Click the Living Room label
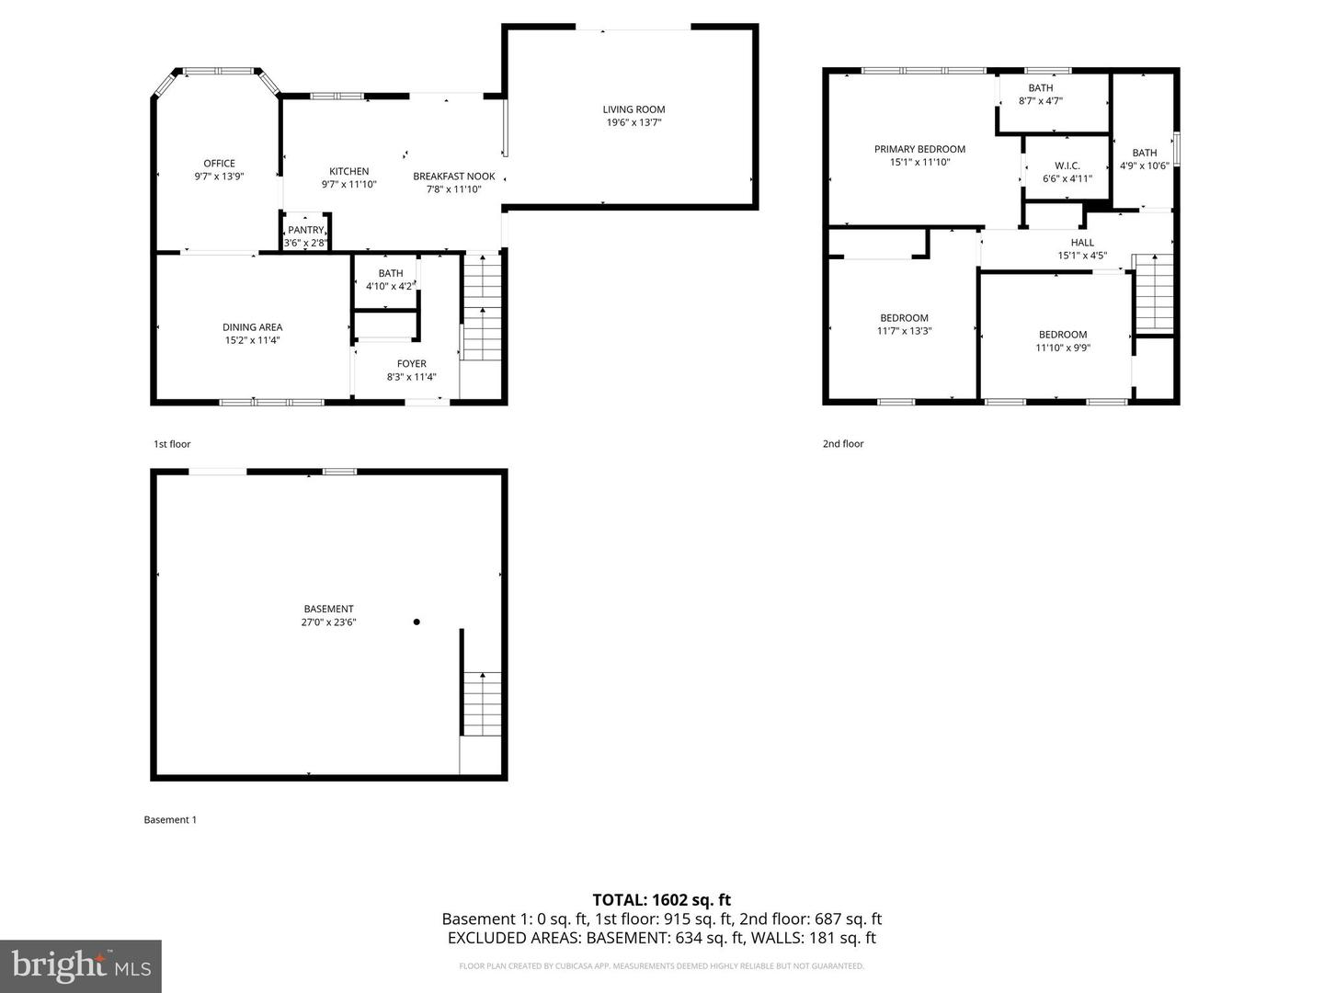pyautogui.click(x=633, y=109)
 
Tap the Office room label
pyautogui.click(x=219, y=164)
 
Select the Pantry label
pyautogui.click(x=305, y=230)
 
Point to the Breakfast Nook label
pyautogui.click(x=453, y=177)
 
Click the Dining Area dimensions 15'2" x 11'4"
pyautogui.click(x=252, y=340)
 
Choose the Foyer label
pyautogui.click(x=411, y=364)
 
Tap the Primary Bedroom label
pyautogui.click(x=919, y=149)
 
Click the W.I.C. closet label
pyautogui.click(x=1067, y=166)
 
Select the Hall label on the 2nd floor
pyautogui.click(x=1082, y=243)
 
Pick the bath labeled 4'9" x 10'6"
pyautogui.click(x=1144, y=159)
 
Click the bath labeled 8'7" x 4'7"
pyautogui.click(x=1041, y=95)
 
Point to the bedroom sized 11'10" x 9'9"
pyautogui.click(x=1063, y=341)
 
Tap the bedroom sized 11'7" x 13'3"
pyautogui.click(x=904, y=325)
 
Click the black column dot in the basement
pyautogui.click(x=417, y=622)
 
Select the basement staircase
pyautogui.click(x=482, y=703)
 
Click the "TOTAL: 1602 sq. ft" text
pyautogui.click(x=661, y=900)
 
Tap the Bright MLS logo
pyautogui.click(x=81, y=965)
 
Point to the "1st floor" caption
pyautogui.click(x=172, y=444)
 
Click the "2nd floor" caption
pyautogui.click(x=843, y=444)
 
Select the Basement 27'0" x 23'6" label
pyautogui.click(x=328, y=615)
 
